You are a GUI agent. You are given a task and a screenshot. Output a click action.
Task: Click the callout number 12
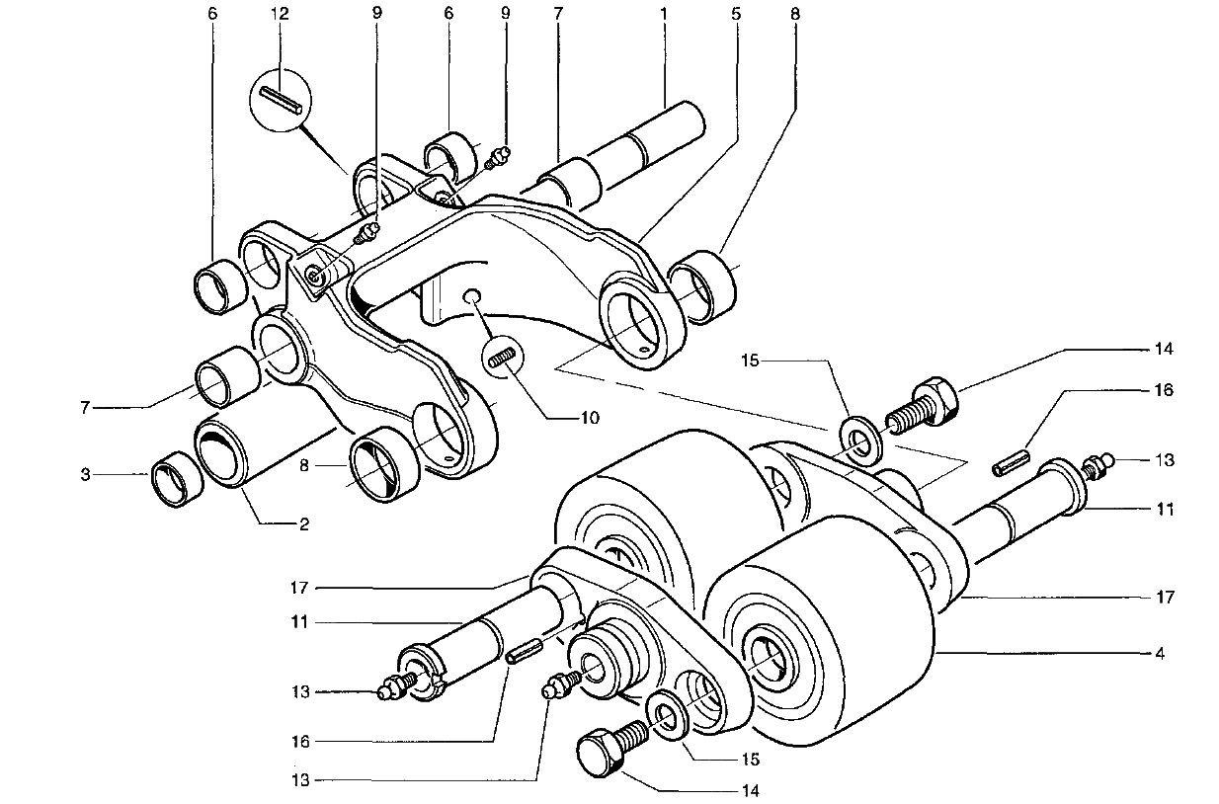pyautogui.click(x=282, y=14)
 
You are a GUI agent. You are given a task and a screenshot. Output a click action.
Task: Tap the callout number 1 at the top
pyautogui.click(x=664, y=14)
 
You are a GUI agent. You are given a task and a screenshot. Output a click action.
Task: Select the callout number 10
pyautogui.click(x=590, y=418)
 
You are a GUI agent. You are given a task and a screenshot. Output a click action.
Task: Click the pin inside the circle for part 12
pyautogui.click(x=282, y=102)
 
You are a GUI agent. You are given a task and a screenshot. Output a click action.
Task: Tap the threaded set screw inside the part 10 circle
pyautogui.click(x=504, y=358)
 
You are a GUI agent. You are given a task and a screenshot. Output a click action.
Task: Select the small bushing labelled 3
pyautogui.click(x=177, y=483)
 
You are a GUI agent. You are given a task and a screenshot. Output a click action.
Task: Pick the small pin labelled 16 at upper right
pyautogui.click(x=1013, y=463)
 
